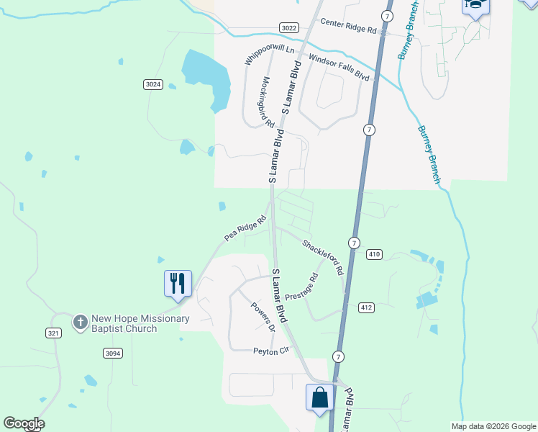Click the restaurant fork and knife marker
178,282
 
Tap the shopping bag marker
319,397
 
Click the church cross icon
81,321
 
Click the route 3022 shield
289,27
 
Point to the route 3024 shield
153,84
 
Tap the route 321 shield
53,333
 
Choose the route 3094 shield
113,353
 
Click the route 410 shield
375,254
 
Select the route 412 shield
366,307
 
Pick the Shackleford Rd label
322,258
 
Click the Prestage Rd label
301,287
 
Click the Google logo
24,423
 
